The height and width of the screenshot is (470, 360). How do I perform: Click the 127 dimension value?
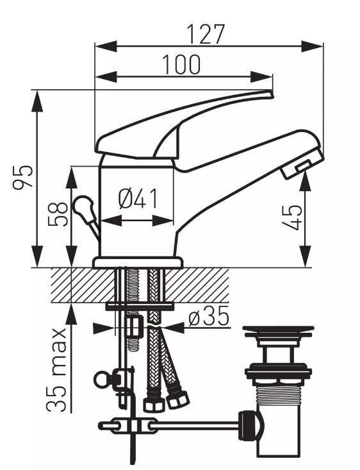(x=206, y=34)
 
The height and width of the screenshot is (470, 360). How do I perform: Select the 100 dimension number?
(x=181, y=64)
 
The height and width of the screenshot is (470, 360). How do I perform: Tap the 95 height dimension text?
(x=23, y=176)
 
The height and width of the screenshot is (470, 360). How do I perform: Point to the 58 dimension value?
(x=58, y=214)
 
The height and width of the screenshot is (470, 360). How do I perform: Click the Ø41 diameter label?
(x=138, y=199)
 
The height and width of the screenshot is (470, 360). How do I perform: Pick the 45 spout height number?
(x=291, y=217)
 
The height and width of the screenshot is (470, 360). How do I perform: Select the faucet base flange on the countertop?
(x=138, y=262)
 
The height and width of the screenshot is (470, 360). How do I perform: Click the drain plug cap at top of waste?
(x=278, y=331)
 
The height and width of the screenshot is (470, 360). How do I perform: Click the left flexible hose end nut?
(x=154, y=405)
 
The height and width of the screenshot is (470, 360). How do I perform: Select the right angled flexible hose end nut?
(x=178, y=399)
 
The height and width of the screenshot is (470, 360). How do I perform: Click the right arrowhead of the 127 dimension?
(x=313, y=46)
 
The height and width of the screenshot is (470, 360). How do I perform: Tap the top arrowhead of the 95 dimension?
(x=37, y=101)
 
